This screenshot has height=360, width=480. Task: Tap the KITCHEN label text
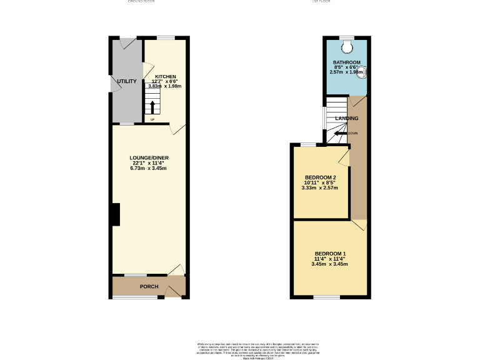click(x=166, y=76)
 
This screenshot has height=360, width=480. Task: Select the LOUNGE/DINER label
click(x=149, y=157)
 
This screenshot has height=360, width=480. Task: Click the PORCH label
click(x=149, y=287)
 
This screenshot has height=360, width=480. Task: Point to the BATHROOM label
click(x=346, y=62)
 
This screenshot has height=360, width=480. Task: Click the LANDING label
click(x=347, y=118)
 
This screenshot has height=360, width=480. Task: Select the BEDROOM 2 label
click(x=319, y=177)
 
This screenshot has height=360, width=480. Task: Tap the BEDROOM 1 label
click(x=329, y=253)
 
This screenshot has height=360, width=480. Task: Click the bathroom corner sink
click(x=362, y=71)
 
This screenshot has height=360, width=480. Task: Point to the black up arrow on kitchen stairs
click(x=152, y=106)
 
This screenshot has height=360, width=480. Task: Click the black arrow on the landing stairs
click(x=339, y=133)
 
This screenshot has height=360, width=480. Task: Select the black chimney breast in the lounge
click(x=116, y=214)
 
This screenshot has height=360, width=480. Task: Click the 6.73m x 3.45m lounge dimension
click(x=149, y=168)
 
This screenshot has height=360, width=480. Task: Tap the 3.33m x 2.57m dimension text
click(x=319, y=187)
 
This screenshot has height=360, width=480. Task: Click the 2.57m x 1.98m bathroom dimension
click(x=346, y=72)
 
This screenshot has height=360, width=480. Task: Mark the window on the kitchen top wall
click(x=166, y=38)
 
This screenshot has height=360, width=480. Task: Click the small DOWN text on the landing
click(x=353, y=133)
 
